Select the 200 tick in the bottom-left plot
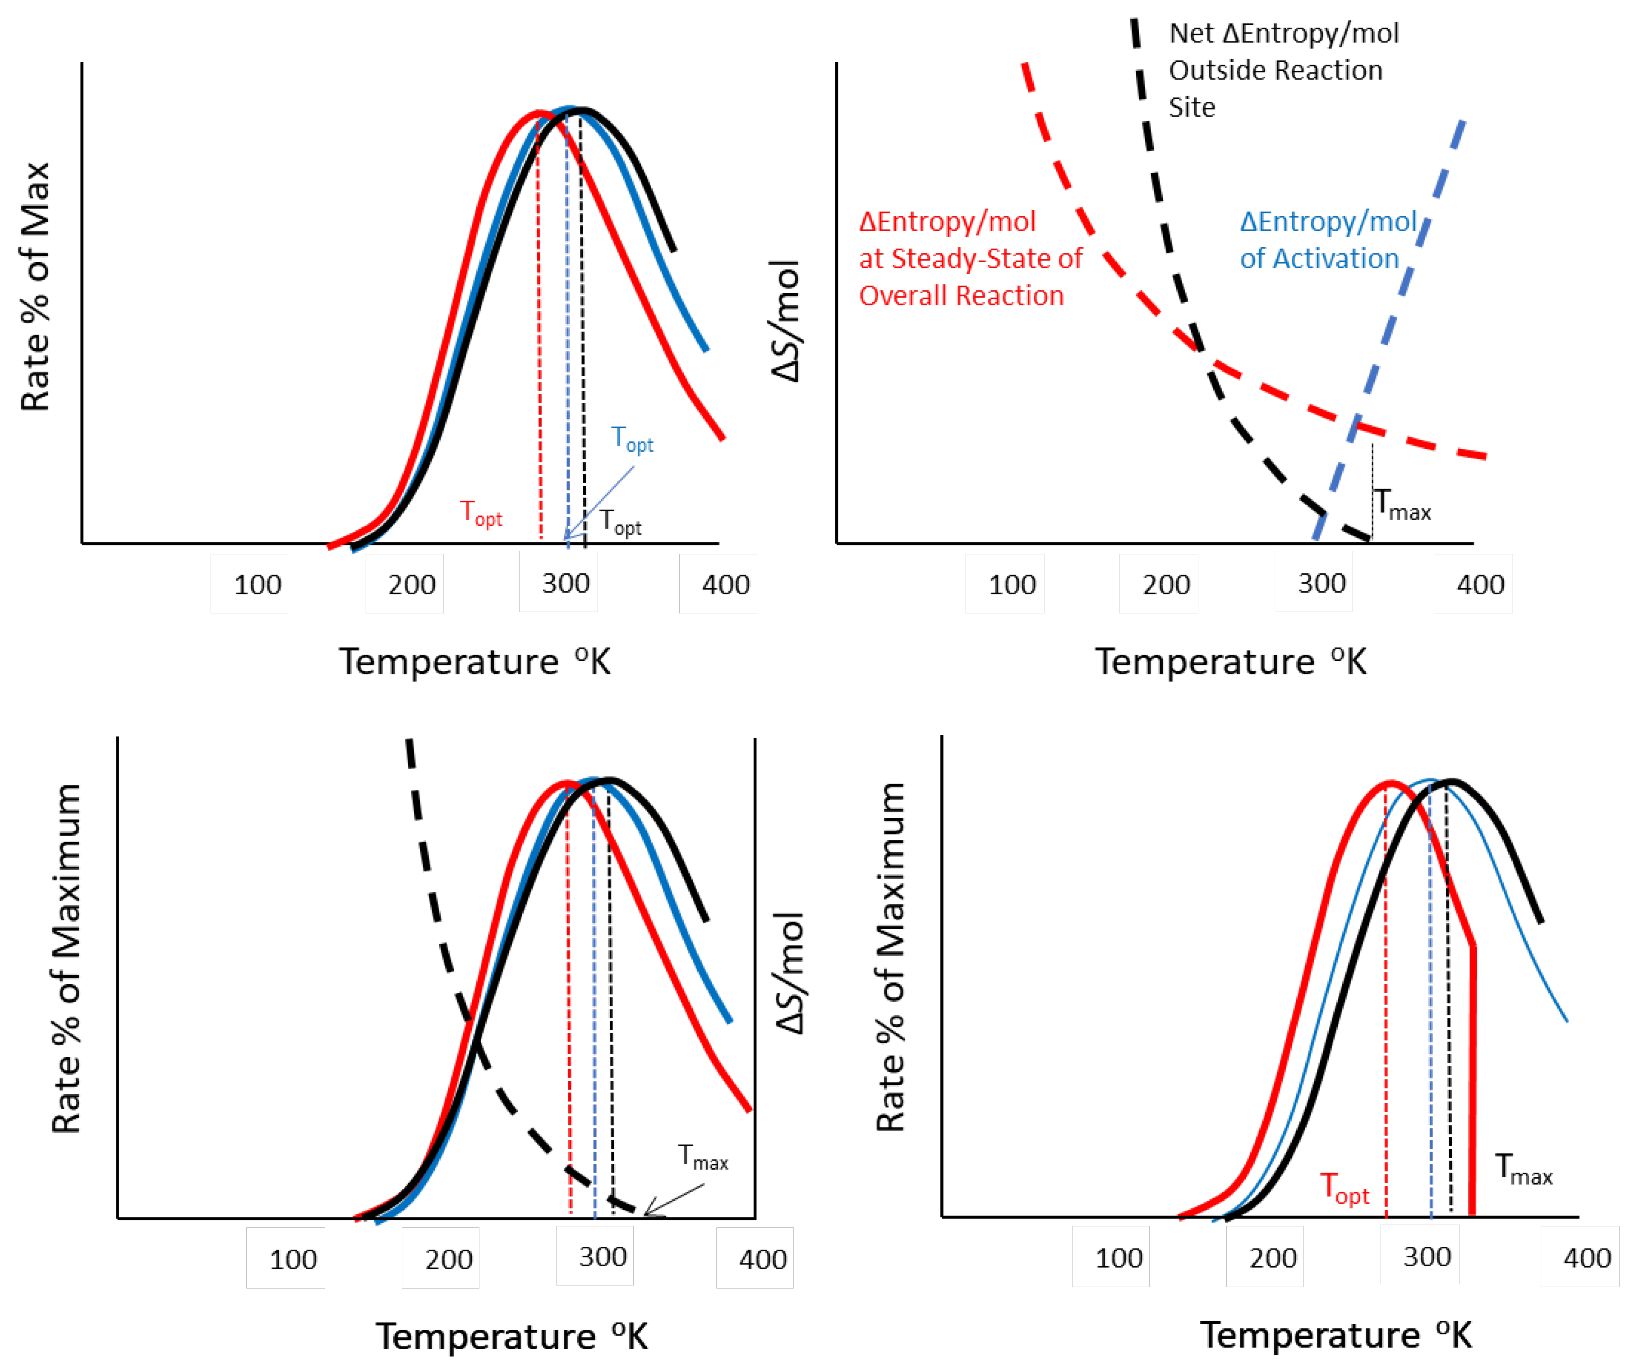click(448, 1258)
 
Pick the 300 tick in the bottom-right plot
click(1427, 1256)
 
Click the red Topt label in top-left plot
click(480, 513)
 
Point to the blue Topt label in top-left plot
click(632, 439)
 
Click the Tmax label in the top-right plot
click(1402, 505)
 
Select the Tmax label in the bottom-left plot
click(702, 1157)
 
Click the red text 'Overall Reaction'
click(961, 296)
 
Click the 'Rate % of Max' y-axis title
click(35, 287)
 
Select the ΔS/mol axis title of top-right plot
click(786, 321)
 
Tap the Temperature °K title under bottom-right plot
click(1335, 1335)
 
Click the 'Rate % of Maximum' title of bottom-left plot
click(66, 959)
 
